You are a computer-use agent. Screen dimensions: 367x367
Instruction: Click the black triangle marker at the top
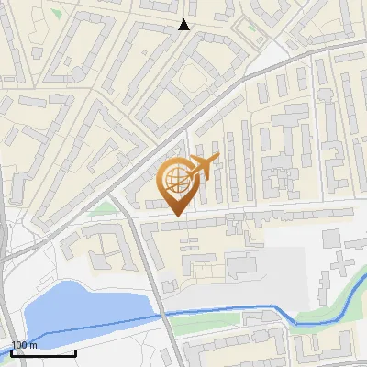(x=184, y=25)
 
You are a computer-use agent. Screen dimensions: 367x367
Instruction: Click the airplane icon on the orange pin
(x=200, y=167)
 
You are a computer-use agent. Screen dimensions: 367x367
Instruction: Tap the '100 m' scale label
(x=25, y=345)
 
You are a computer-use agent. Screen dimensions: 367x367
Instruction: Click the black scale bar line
(x=42, y=353)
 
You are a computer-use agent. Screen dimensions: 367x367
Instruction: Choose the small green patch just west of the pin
(x=108, y=209)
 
